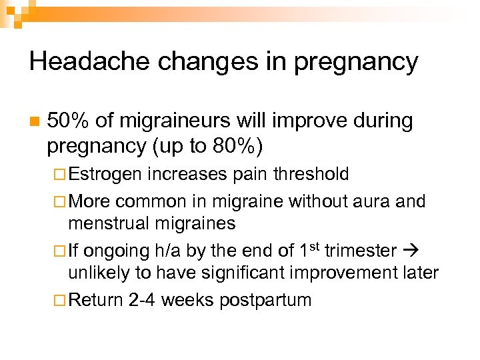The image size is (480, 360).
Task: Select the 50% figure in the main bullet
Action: [69, 121]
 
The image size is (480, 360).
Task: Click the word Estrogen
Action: [105, 174]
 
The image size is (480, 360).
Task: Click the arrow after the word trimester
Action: [413, 251]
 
